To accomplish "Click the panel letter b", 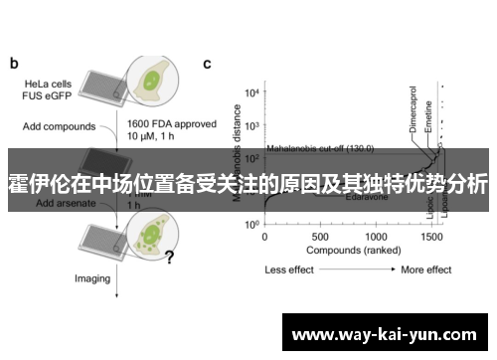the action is [x=14, y=65].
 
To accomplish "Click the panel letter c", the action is [x=207, y=65].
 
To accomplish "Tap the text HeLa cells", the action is [x=48, y=84].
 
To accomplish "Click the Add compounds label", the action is [x=61, y=127].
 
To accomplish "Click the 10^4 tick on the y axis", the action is [x=251, y=92].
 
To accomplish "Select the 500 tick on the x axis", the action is [x=320, y=238].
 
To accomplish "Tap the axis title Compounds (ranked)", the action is [x=348, y=252].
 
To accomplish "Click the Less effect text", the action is [x=290, y=270].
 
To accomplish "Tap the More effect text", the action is [x=425, y=270].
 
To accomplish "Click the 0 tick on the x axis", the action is [x=264, y=238].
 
